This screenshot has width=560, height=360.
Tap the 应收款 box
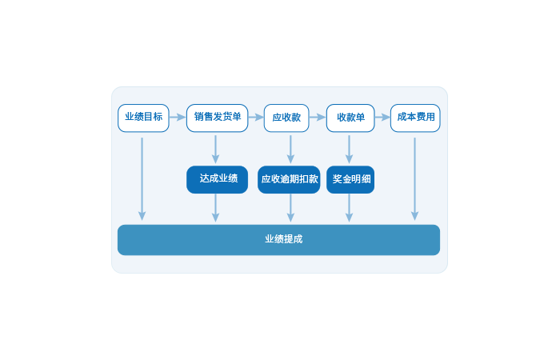[286, 118]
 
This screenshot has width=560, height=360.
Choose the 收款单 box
[350, 118]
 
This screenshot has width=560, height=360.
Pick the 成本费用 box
[415, 118]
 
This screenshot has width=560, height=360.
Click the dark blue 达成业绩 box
[218, 179]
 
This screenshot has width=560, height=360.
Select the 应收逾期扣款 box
[289, 179]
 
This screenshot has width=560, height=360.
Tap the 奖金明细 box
[350, 179]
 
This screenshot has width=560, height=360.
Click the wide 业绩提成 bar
[278, 239]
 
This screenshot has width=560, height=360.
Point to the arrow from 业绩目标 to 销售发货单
[178, 118]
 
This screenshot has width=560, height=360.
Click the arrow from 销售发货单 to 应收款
[254, 118]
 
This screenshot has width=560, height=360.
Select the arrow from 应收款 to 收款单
[318, 118]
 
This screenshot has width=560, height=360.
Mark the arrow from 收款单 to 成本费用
[382, 118]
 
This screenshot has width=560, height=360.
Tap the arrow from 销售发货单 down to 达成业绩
[215, 149]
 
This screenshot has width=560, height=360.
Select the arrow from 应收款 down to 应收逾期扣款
[290, 149]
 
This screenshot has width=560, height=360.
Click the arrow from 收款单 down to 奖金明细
[349, 149]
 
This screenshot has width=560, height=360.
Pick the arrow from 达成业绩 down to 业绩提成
[215, 208]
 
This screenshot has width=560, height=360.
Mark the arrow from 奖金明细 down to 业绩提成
[349, 208]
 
